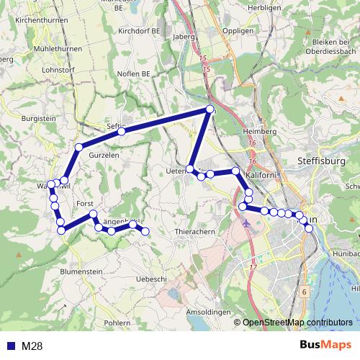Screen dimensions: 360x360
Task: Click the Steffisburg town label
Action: pos(321,163)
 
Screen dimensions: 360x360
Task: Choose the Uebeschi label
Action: pos(151,279)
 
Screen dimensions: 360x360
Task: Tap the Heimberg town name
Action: pos(260,132)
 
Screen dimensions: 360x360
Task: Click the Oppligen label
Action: pos(239,32)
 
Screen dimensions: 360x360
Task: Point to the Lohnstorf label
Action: pos(39,71)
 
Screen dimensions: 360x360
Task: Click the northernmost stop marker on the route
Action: pos(210,109)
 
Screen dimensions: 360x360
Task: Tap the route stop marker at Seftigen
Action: pos(122,132)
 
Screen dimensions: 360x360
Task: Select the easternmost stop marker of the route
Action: pos(310,228)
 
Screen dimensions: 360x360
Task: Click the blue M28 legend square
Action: pos(10,346)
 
